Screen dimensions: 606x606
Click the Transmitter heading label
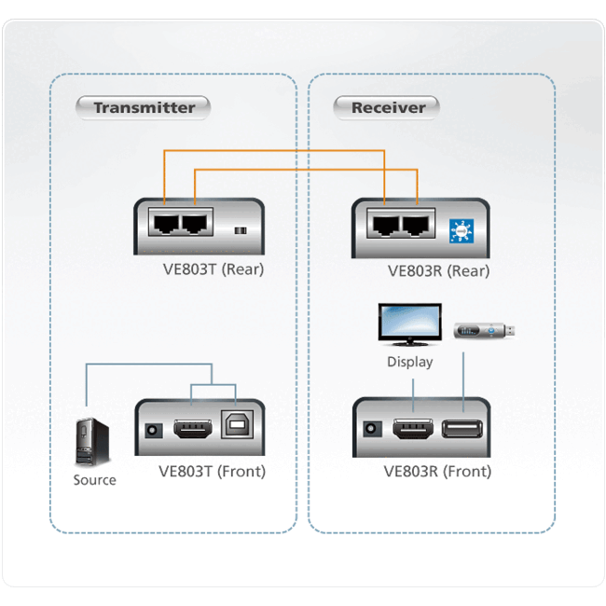coord(144,107)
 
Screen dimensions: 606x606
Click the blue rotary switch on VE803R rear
coord(460,230)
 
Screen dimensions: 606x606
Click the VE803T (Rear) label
coord(213,270)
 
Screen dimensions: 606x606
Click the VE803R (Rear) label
coord(438,271)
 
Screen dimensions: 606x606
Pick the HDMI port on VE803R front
coord(411,430)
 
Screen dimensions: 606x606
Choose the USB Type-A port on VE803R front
coord(461,430)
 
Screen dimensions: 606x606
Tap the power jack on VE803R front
coord(372,431)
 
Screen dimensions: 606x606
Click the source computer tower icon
coord(94,445)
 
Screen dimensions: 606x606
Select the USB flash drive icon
coord(483,330)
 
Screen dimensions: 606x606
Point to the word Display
coord(410,361)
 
